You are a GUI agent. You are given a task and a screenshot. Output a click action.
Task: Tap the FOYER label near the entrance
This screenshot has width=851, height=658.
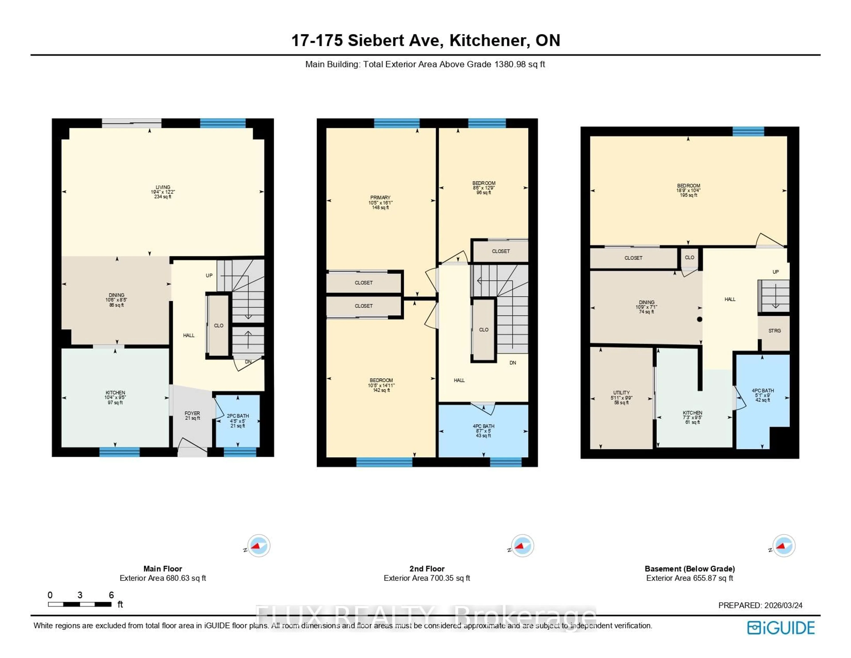(x=192, y=413)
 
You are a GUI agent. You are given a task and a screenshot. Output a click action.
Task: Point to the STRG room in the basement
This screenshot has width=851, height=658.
(x=774, y=331)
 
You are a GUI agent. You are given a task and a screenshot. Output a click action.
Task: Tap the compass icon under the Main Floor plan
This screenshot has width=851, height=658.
(x=258, y=546)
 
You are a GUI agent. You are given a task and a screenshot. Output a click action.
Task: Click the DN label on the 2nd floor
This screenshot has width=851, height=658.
(x=513, y=363)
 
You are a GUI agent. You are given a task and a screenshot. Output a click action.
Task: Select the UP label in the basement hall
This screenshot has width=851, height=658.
(x=775, y=272)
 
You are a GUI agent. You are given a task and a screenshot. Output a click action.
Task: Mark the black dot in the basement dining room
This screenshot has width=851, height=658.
(x=699, y=319)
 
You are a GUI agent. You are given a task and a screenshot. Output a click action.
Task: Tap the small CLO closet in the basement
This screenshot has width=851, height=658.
(x=689, y=257)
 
